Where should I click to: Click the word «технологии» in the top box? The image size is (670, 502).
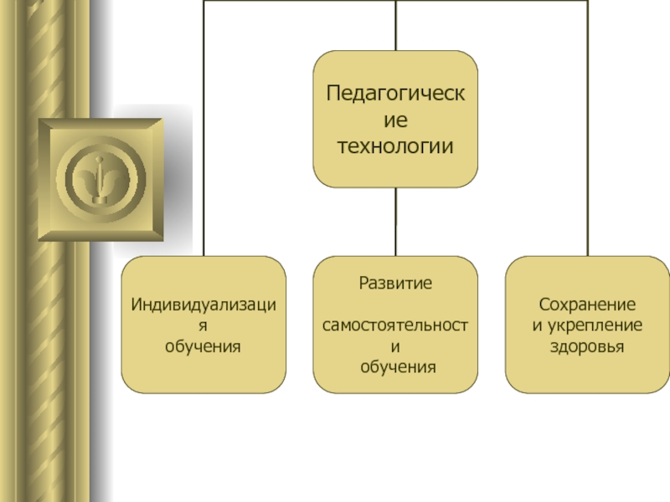[395, 146]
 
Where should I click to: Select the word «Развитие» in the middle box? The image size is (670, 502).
[395, 283]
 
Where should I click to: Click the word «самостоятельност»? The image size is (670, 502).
[395, 325]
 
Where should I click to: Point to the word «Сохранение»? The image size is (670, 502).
[588, 304]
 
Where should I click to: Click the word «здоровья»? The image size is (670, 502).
[588, 345]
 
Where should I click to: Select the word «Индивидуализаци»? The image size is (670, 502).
[204, 304]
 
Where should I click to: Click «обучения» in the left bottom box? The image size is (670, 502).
[204, 345]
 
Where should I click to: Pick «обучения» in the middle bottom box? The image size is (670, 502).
[395, 366]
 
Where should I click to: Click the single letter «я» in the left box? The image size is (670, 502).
[204, 325]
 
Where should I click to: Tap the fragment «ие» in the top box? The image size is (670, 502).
[395, 120]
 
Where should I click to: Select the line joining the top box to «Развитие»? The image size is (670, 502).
[395, 221]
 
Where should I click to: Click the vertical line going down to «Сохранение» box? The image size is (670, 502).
[588, 125]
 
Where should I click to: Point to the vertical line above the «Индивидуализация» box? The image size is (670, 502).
[204, 125]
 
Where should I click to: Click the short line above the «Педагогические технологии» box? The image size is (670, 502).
[395, 25]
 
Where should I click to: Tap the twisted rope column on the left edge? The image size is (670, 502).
[17, 335]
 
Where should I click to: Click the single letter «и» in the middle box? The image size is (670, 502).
[395, 346]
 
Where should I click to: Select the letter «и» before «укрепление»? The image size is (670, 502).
[538, 325]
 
